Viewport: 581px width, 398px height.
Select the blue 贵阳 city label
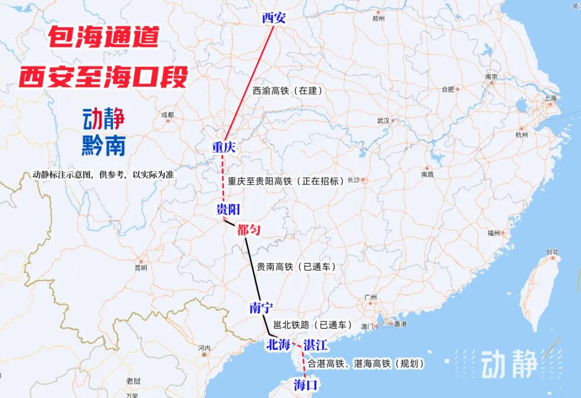pyautogui.click(x=228, y=210)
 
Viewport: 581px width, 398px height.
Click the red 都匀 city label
pyautogui.click(x=249, y=230)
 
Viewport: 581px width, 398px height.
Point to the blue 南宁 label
pyautogui.click(x=261, y=308)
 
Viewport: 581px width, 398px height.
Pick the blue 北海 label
pyautogui.click(x=278, y=345)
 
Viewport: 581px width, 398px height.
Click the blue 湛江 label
pyautogui.click(x=316, y=345)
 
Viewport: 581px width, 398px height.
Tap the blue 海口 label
pyautogui.click(x=307, y=385)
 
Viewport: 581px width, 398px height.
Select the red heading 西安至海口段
pyautogui.click(x=104, y=77)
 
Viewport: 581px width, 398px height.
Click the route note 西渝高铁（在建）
pyautogui.click(x=288, y=91)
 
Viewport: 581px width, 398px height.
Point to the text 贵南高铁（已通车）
pyautogui.click(x=296, y=267)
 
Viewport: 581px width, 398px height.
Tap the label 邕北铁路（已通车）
pyautogui.click(x=313, y=325)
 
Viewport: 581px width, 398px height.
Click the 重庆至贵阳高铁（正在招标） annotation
pyautogui.click(x=286, y=181)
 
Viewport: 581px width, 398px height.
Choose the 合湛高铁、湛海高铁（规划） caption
pyautogui.click(x=366, y=364)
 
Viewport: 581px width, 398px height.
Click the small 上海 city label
pyautogui.click(x=550, y=98)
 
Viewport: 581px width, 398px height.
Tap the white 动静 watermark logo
pyautogui.click(x=509, y=365)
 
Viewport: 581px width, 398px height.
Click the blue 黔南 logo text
pyautogui.click(x=103, y=145)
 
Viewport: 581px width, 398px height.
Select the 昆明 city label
pyautogui.click(x=141, y=267)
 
